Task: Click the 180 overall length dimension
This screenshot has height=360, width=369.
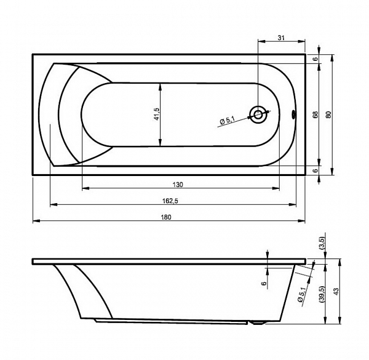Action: pyautogui.click(x=166, y=217)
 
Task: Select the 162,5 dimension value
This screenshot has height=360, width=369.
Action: pyautogui.click(x=170, y=201)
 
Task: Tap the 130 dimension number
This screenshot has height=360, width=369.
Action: pyautogui.click(x=178, y=185)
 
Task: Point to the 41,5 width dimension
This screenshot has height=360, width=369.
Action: pyautogui.click(x=157, y=114)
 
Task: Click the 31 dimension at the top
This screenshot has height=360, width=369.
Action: pyautogui.click(x=281, y=38)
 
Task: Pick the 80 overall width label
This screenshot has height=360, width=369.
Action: pyautogui.click(x=329, y=114)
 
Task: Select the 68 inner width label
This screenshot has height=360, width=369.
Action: pyautogui.click(x=315, y=114)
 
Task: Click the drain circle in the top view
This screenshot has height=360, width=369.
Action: pyautogui.click(x=258, y=115)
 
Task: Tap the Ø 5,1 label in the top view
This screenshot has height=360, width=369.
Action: pyautogui.click(x=228, y=121)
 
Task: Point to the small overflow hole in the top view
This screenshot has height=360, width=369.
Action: pyautogui.click(x=293, y=114)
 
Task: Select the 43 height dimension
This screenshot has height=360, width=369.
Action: pyautogui.click(x=336, y=292)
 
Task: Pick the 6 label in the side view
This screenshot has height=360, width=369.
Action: pyautogui.click(x=264, y=284)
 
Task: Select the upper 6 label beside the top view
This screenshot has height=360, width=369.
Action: pyautogui.click(x=315, y=59)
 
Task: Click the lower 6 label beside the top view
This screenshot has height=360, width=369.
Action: pyautogui.click(x=315, y=170)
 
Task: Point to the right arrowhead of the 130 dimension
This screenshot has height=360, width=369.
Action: pyautogui.click(x=276, y=188)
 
